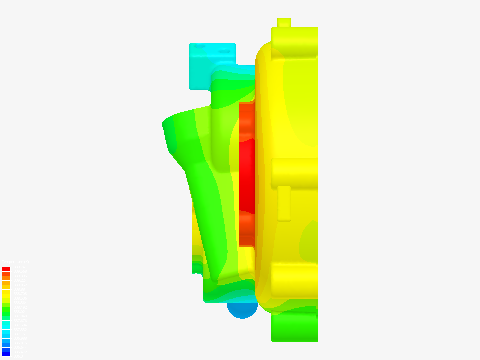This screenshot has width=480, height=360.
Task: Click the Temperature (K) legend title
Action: (x=15, y=262)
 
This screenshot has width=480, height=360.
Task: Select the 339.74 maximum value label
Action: (x=19, y=267)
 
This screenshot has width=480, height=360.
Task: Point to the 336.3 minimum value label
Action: (x=18, y=356)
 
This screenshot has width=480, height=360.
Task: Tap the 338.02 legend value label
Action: (x=19, y=312)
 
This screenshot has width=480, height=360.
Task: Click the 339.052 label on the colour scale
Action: (x=20, y=285)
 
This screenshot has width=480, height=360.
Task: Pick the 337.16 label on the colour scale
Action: (x=19, y=334)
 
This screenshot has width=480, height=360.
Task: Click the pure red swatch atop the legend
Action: (x=6, y=269)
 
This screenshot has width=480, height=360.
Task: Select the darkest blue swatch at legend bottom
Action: (x=6, y=354)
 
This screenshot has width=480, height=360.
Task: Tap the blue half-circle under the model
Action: (x=242, y=310)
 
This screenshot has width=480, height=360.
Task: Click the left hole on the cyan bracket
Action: (x=200, y=47)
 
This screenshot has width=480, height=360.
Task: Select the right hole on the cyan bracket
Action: (x=224, y=52)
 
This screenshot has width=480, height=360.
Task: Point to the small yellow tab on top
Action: (x=284, y=22)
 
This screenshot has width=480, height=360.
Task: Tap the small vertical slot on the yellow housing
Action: (x=284, y=203)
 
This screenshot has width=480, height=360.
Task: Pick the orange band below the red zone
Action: (x=247, y=227)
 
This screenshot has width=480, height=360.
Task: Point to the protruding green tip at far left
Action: (x=167, y=125)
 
